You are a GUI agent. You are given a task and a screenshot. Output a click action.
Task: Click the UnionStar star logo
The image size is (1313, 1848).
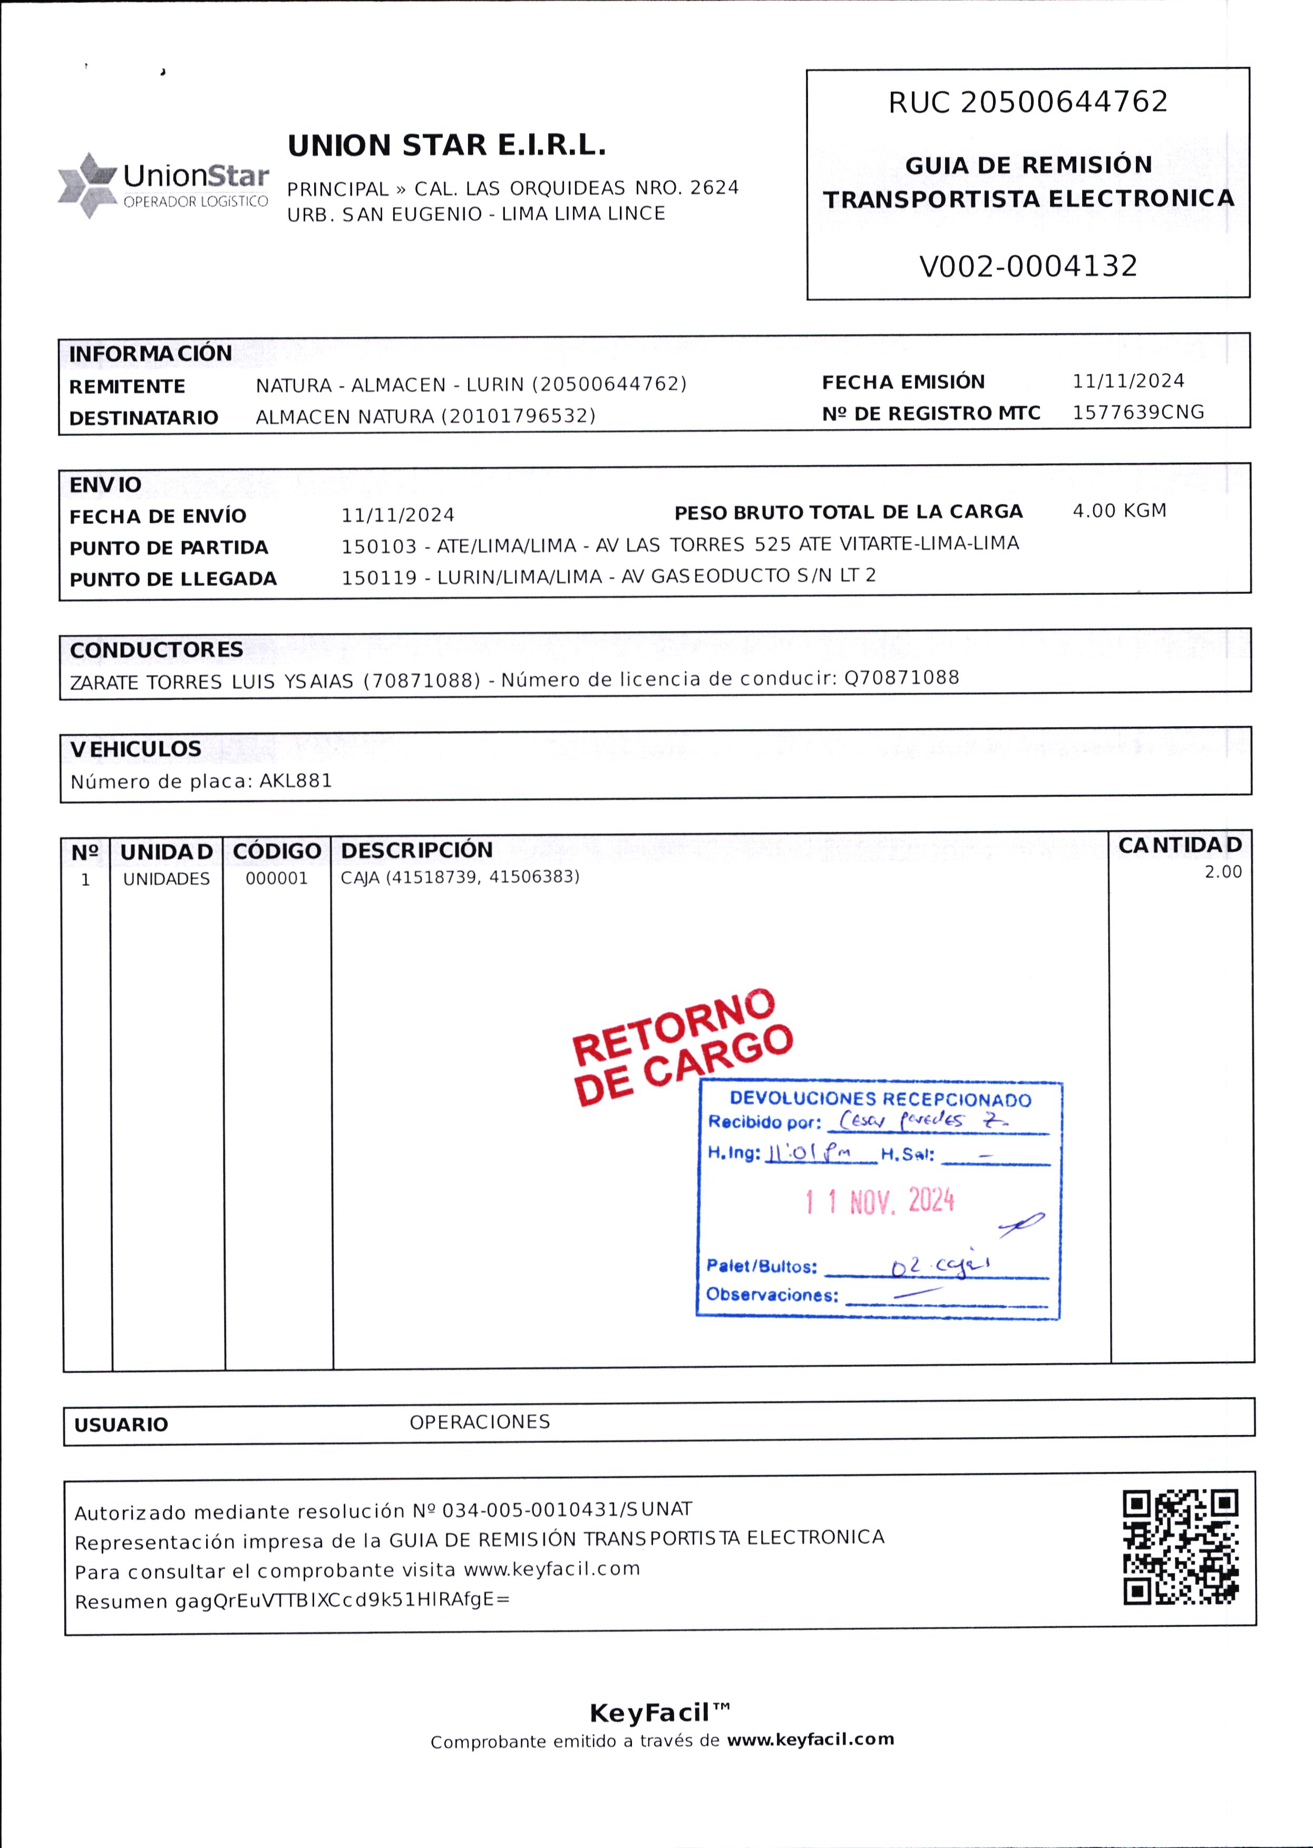point(87,185)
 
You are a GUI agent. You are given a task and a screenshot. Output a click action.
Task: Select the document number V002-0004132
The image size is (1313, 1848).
point(1028,266)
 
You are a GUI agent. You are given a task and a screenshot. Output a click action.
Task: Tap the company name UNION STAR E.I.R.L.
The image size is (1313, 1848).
point(446,146)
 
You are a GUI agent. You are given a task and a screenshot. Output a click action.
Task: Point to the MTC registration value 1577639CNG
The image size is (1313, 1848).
point(1137,412)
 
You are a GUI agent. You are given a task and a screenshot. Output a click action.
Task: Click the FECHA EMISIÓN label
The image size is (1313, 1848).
point(903,382)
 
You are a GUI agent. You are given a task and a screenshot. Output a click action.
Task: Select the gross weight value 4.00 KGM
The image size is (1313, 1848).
point(1119,511)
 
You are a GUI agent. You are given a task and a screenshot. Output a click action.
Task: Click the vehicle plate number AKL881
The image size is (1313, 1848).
point(295,781)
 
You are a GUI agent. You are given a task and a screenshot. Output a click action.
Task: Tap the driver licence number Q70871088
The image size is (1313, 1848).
point(901,678)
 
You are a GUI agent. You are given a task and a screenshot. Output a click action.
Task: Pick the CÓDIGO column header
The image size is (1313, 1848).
point(277,852)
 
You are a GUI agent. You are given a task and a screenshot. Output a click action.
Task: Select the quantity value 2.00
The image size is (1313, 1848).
point(1222,872)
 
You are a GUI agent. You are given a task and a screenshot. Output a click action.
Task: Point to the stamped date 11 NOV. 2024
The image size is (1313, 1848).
point(880,1201)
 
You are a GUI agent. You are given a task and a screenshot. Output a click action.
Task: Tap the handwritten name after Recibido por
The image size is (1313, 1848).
point(922,1120)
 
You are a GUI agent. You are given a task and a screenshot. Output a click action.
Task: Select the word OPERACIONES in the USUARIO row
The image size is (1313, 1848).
point(480,1422)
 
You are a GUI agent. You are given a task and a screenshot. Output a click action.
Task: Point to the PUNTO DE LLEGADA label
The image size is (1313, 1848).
point(173,579)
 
